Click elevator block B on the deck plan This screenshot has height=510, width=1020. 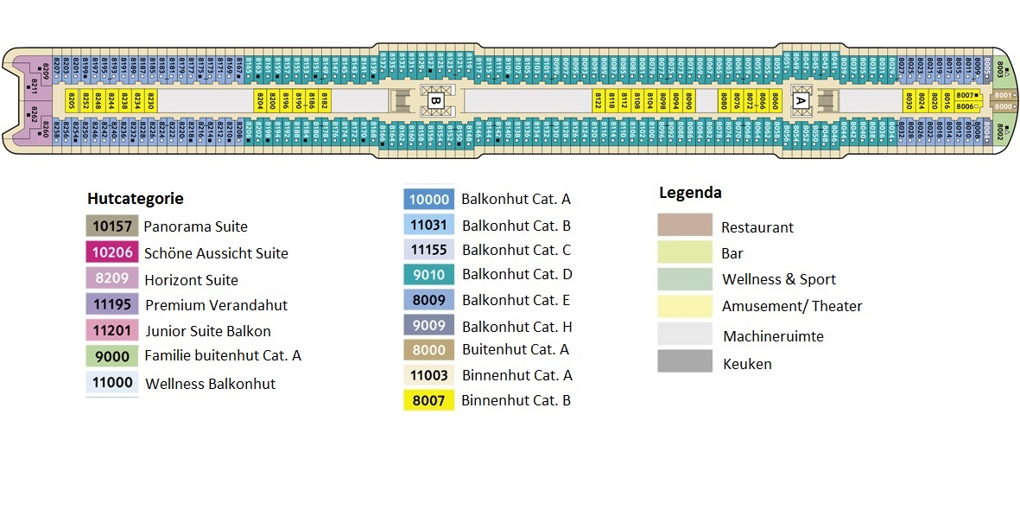[x=436, y=100]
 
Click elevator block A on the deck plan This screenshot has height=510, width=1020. [x=801, y=100]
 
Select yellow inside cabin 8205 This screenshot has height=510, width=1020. [x=72, y=100]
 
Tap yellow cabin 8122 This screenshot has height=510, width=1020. [x=598, y=100]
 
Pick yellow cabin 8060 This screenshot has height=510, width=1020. [x=775, y=100]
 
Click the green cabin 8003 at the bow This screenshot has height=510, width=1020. [x=1000, y=70]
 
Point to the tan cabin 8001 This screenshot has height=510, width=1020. [x=1002, y=95]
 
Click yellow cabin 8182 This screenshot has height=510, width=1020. [x=325, y=100]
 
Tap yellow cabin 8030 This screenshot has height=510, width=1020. [x=909, y=100]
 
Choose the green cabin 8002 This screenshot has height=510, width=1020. [x=1000, y=131]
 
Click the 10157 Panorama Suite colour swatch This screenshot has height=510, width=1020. [x=111, y=226]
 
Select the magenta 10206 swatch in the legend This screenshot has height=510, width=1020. [x=111, y=252]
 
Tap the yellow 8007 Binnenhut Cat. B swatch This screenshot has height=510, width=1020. [x=428, y=400]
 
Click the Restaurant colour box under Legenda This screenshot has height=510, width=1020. [x=685, y=226]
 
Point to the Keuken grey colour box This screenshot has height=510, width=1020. [x=685, y=361]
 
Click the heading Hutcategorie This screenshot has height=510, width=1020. [x=135, y=199]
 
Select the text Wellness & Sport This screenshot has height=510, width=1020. [x=779, y=279]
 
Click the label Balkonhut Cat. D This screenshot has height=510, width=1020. [x=516, y=274]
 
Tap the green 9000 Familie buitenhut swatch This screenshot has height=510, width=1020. [x=112, y=355]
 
